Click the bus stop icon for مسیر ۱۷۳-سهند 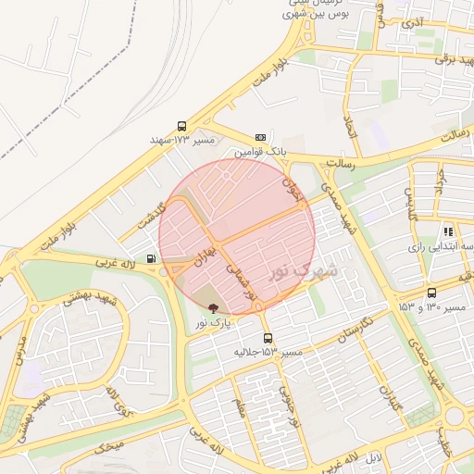coord(181,127)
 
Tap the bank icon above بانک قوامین coord(260,136)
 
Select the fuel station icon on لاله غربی coord(151,258)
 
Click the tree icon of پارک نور coord(215,308)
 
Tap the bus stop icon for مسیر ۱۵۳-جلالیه coord(268,339)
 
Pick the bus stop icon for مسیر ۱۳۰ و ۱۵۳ coord(432,293)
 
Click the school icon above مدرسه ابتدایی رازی coord(448,232)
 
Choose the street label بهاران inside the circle coord(206,252)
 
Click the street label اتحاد coord(350,127)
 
